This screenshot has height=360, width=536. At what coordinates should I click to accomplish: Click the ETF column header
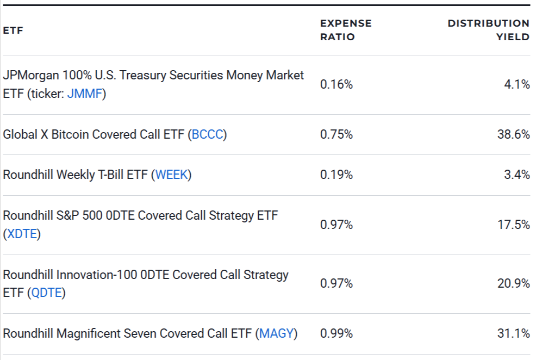pyautogui.click(x=13, y=30)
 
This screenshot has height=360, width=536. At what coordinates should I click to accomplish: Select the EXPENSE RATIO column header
pyautogui.click(x=346, y=30)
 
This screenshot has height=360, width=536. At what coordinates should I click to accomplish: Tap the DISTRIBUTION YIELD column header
pyautogui.click(x=488, y=30)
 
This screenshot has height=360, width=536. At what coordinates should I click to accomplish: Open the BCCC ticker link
pyautogui.click(x=207, y=134)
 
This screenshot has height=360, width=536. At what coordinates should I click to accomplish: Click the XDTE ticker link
pyautogui.click(x=22, y=234)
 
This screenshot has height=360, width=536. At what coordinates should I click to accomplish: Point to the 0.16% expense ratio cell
pyautogui.click(x=336, y=84)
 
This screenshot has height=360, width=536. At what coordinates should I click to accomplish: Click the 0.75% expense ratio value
pyautogui.click(x=336, y=134)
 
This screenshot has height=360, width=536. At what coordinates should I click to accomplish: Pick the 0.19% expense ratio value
pyautogui.click(x=336, y=175)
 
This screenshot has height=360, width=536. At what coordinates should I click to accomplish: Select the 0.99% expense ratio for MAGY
pyautogui.click(x=336, y=333)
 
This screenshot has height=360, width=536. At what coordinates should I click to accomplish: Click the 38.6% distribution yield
pyautogui.click(x=513, y=134)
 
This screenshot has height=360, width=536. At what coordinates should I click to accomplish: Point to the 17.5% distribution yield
pyautogui.click(x=514, y=225)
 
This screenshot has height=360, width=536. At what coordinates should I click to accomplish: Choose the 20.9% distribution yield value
pyautogui.click(x=513, y=283)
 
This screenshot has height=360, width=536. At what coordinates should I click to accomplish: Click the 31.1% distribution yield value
pyautogui.click(x=514, y=333)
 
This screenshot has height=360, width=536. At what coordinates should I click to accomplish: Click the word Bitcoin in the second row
pyautogui.click(x=71, y=134)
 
